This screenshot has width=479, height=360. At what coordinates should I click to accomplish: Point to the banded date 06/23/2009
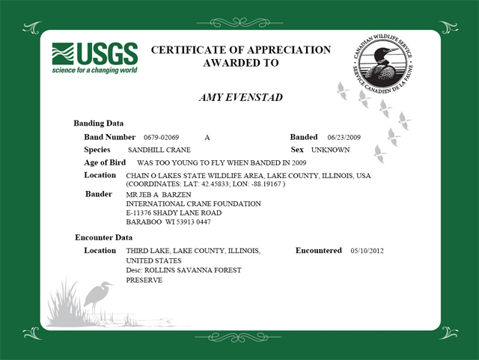(x=344, y=138)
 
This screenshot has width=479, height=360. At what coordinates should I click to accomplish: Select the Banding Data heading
(x=99, y=123)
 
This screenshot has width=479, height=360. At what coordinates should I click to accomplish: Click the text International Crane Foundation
(x=193, y=204)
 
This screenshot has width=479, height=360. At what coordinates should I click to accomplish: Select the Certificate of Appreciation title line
(x=240, y=50)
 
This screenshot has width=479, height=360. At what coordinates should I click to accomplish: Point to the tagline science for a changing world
(x=94, y=71)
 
